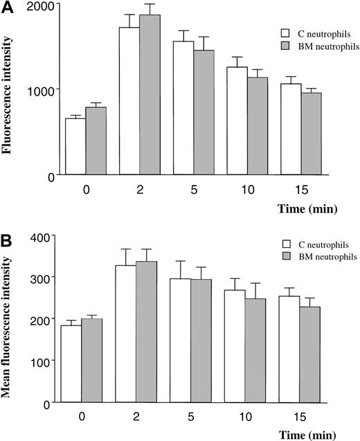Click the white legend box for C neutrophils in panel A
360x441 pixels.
click(x=284, y=32)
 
